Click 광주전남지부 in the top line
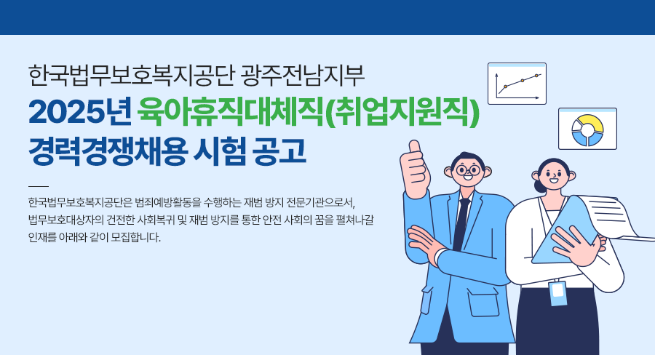[303, 75]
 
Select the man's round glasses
[468, 170]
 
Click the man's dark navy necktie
[461, 224]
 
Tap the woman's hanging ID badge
[557, 293]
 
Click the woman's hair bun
[539, 187]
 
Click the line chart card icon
[517, 84]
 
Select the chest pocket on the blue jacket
[483, 303]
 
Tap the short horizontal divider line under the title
[39, 186]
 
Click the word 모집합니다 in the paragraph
[136, 238]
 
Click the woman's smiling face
[554, 175]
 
